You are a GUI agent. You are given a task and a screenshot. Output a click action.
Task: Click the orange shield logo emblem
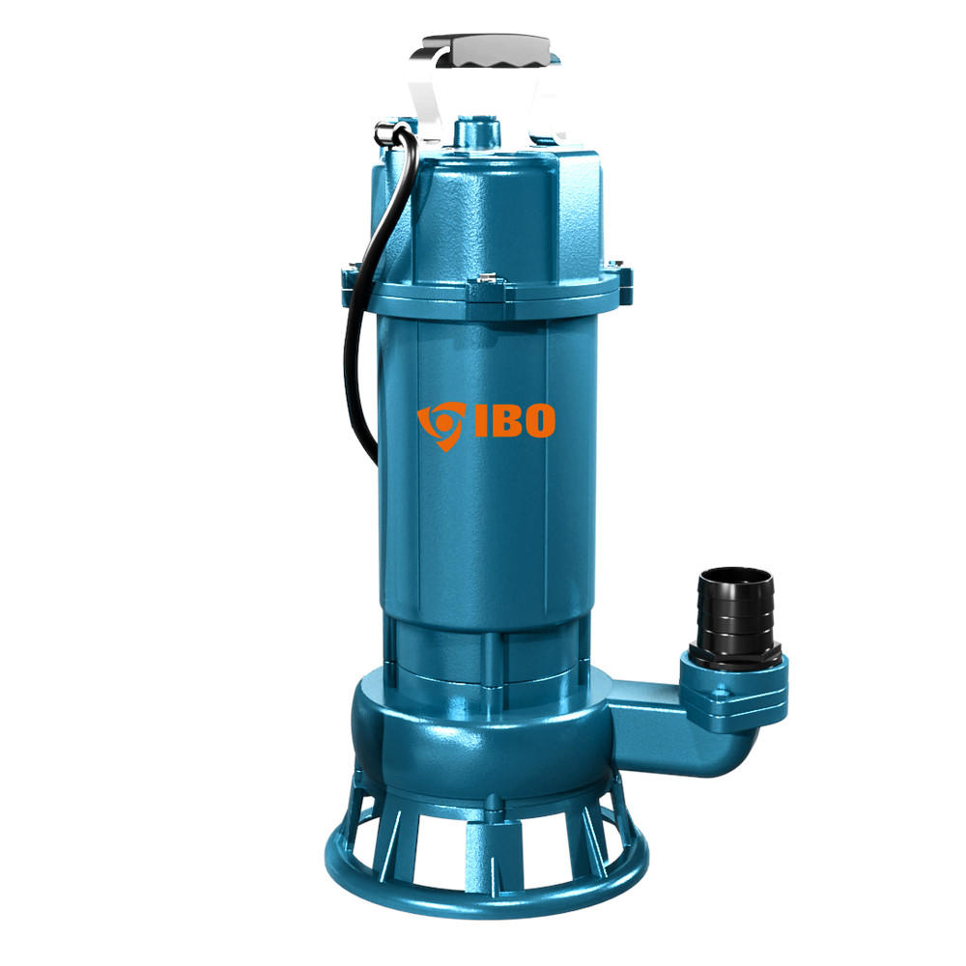click(x=441, y=425)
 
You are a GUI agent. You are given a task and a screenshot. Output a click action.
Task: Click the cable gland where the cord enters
click(x=388, y=131)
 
